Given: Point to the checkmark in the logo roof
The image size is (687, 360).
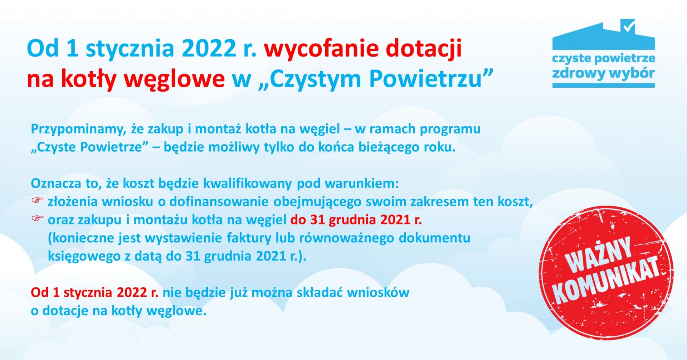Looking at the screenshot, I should pos(629,26).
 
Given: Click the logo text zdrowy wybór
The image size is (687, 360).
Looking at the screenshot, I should pos(603,73).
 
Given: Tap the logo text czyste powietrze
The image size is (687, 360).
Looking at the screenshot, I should pos(603,58).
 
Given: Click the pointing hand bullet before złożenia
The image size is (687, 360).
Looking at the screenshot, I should pos(37,200).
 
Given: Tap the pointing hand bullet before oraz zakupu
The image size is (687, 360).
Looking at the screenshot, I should pos(37,218).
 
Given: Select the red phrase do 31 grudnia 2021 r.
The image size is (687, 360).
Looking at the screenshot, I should pos(356,220).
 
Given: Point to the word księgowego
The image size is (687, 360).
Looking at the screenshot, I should pos(84,256).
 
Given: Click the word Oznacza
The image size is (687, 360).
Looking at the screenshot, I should pos(56,183).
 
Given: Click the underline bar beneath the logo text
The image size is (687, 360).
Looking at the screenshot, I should pos(603,86).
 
